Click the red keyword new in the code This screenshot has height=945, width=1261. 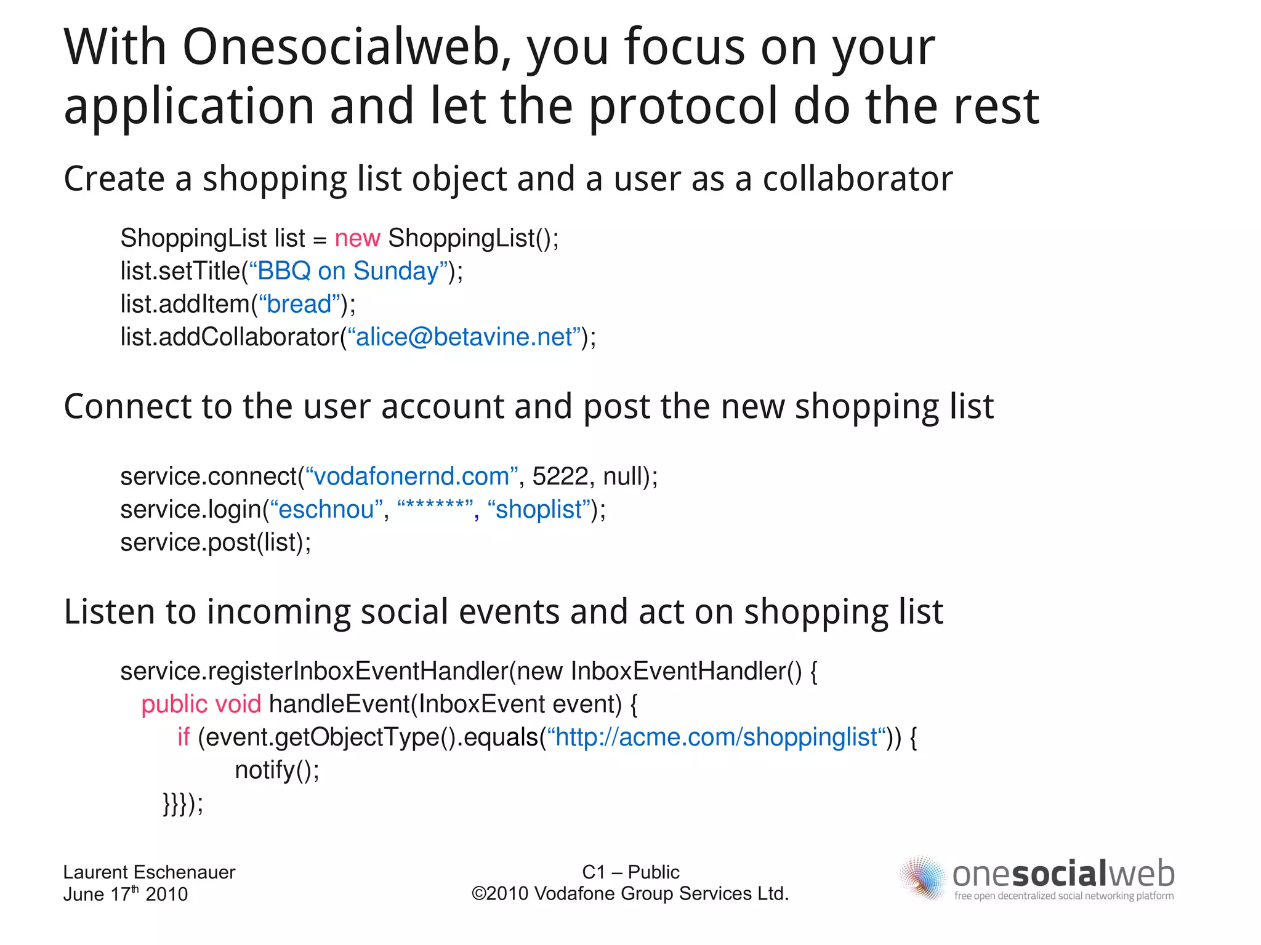(357, 238)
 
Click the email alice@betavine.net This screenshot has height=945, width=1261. (464, 337)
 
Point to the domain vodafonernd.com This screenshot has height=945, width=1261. (411, 477)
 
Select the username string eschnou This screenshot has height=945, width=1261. (326, 510)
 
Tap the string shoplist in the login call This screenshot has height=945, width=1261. (539, 510)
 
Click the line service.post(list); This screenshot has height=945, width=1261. (216, 542)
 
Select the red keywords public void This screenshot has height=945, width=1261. (201, 704)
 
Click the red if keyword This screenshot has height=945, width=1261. (183, 737)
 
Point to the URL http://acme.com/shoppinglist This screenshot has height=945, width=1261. (717, 737)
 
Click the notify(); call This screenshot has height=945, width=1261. (277, 770)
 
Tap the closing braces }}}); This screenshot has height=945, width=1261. (183, 803)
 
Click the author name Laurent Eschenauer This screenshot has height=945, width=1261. (149, 872)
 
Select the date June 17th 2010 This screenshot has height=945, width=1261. (125, 894)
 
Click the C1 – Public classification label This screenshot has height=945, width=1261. (630, 872)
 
